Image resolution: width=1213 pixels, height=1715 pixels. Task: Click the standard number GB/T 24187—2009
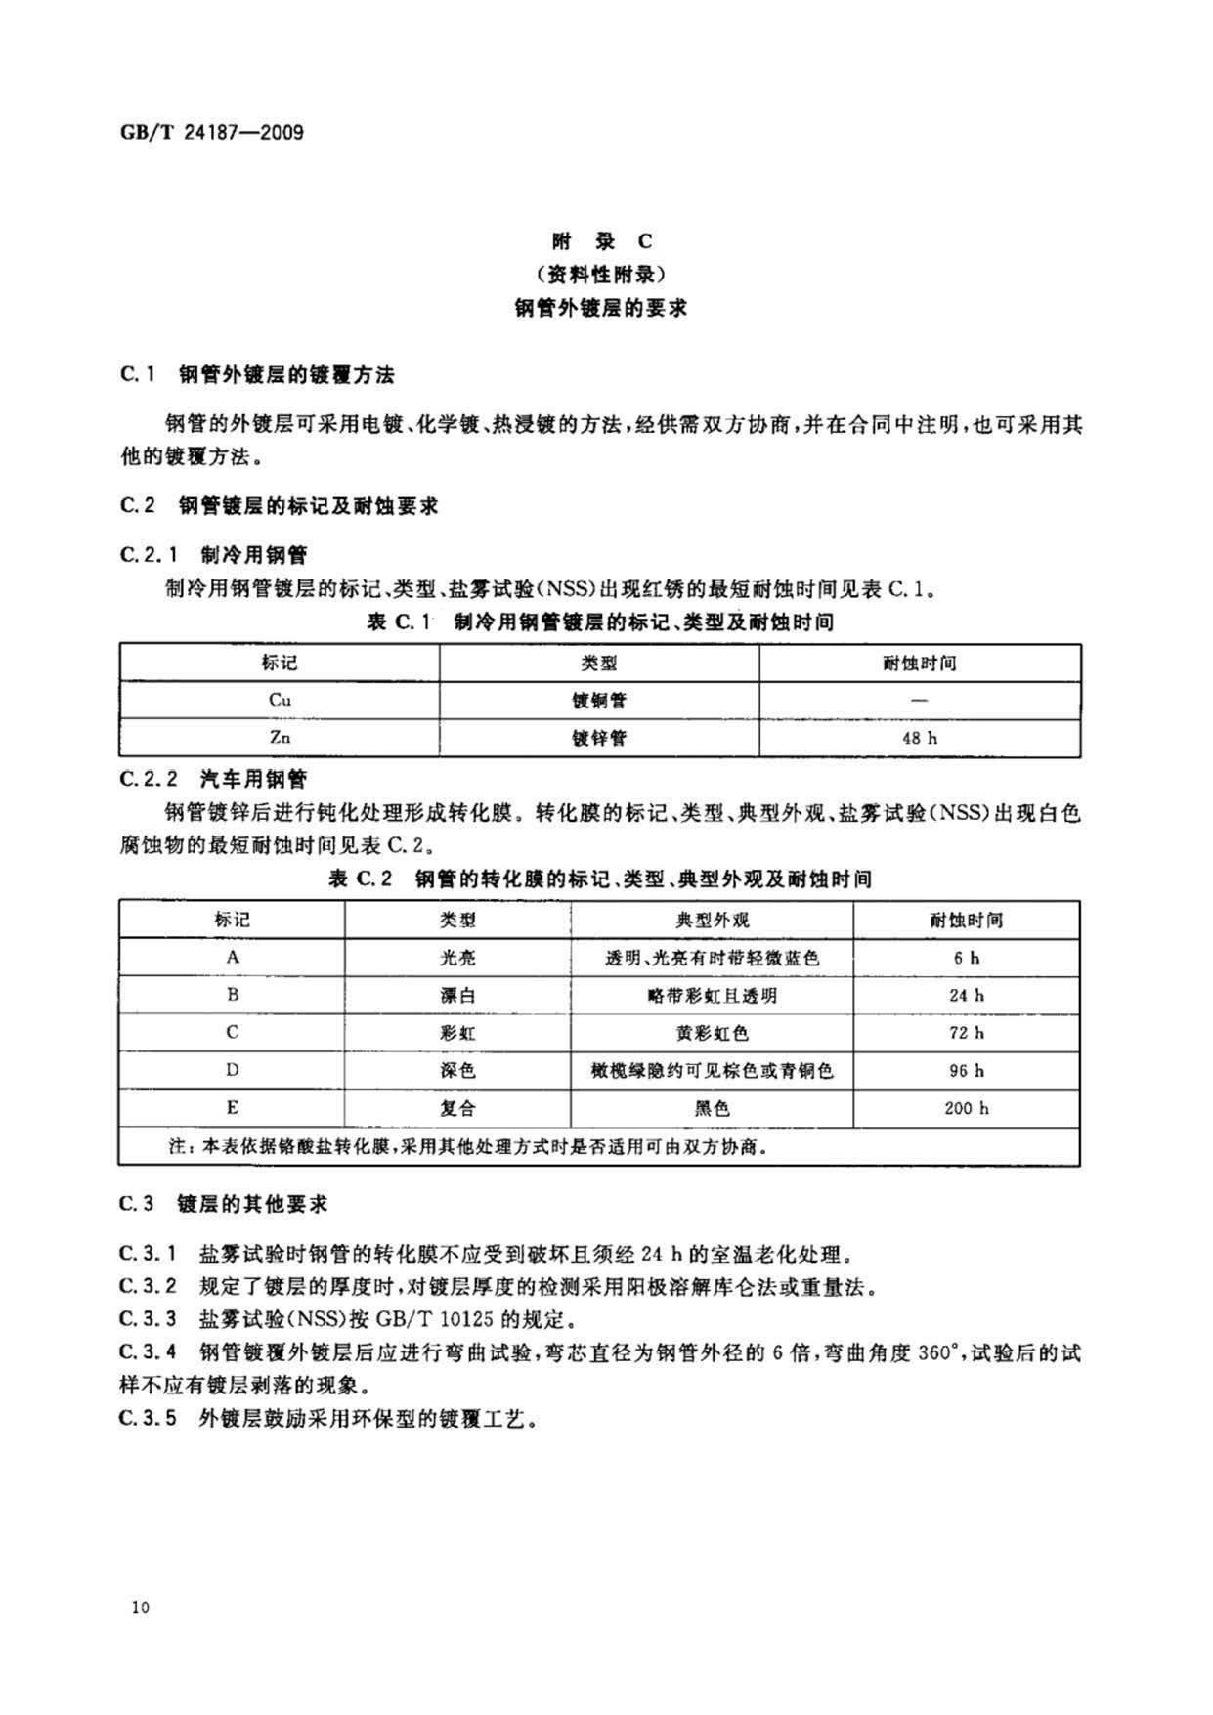(x=211, y=131)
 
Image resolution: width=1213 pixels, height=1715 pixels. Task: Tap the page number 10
(x=140, y=1608)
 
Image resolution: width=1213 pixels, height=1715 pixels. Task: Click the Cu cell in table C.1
(x=280, y=700)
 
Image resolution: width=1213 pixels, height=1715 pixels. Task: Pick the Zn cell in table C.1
(x=280, y=737)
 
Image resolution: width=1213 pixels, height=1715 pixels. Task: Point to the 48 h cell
(x=919, y=738)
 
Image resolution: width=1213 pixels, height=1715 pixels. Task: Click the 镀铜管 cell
(x=598, y=701)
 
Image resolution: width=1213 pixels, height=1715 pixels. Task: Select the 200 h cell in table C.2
(x=966, y=1108)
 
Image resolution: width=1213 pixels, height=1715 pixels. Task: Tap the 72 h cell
(x=966, y=1033)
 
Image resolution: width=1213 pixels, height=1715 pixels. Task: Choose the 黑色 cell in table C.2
(x=712, y=1108)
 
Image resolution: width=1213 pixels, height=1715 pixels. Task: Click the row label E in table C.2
(x=232, y=1108)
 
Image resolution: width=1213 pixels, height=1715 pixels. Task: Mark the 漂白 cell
(x=457, y=996)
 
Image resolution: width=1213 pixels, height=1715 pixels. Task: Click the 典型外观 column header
(x=712, y=920)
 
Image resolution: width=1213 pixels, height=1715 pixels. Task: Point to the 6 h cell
(x=966, y=958)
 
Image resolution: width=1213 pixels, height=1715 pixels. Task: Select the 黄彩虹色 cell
(x=712, y=1033)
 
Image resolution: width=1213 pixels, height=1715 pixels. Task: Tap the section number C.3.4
(x=149, y=1353)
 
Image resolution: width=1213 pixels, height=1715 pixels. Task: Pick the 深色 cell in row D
(x=457, y=1071)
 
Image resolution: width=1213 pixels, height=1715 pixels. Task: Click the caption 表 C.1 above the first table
(x=398, y=622)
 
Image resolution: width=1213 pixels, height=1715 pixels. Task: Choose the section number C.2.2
(x=149, y=779)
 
